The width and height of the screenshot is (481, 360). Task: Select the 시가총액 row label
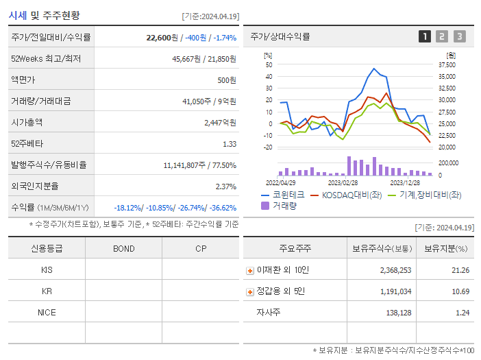pyautogui.click(x=27, y=122)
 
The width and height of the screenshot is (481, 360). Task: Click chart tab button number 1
pyautogui.click(x=425, y=36)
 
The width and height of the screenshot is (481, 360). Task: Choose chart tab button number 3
pyautogui.click(x=459, y=36)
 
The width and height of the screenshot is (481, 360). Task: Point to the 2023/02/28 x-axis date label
pyautogui.click(x=343, y=182)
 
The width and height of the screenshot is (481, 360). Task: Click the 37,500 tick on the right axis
pyautogui.click(x=447, y=65)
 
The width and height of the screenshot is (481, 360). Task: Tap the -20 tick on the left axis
pyautogui.click(x=268, y=147)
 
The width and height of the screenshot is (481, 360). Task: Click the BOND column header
pyautogui.click(x=124, y=248)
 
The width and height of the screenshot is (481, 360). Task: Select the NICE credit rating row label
pyautogui.click(x=47, y=312)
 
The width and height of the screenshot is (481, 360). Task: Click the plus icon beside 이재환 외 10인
pyautogui.click(x=250, y=270)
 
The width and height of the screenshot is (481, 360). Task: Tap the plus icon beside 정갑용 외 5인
pyautogui.click(x=250, y=291)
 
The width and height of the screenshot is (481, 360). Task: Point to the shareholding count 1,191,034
pyautogui.click(x=395, y=291)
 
